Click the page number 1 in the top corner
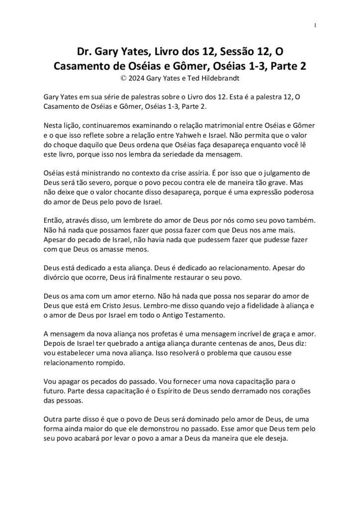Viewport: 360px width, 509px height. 315,25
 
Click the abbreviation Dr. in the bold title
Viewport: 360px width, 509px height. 84,52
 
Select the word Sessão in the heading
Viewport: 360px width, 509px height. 223,52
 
